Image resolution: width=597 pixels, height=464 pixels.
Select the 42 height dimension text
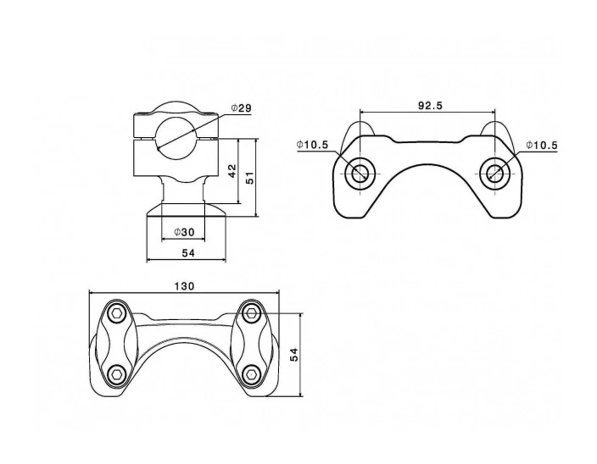click(232, 171)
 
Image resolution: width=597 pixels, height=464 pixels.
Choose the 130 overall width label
click(184, 286)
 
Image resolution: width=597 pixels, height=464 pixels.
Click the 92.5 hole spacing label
click(431, 106)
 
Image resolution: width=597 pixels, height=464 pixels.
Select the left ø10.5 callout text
click(313, 145)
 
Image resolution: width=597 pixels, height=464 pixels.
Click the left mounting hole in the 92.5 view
click(360, 174)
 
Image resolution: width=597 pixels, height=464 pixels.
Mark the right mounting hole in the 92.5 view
click(494, 174)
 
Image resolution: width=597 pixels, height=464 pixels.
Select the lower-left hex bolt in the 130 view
click(117, 372)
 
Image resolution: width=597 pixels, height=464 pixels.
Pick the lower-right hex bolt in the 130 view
click(251, 372)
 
